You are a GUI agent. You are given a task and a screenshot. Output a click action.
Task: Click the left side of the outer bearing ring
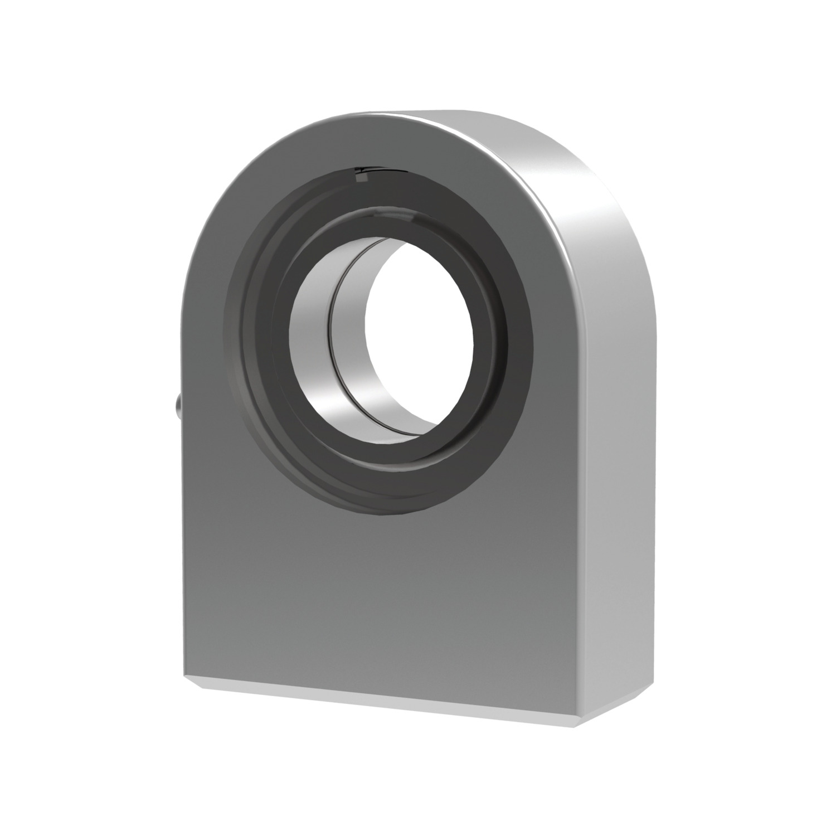(x=237, y=334)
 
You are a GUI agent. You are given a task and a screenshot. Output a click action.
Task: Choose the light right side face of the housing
(x=619, y=446)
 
